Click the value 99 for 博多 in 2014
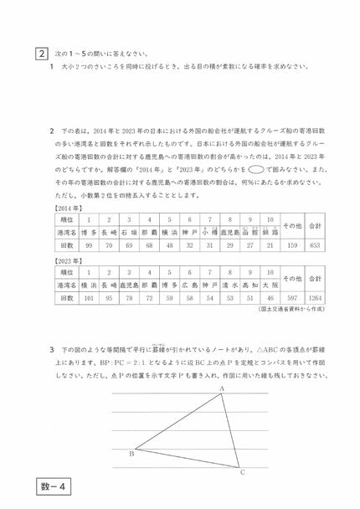[x=89, y=245]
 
